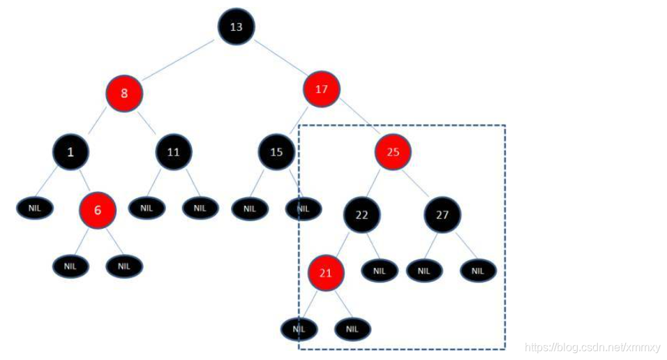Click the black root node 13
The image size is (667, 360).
[236, 27]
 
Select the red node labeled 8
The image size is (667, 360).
[125, 93]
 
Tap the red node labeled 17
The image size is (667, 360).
[322, 89]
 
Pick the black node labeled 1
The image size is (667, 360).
[71, 151]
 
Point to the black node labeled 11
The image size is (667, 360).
[174, 151]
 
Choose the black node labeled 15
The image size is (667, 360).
[277, 151]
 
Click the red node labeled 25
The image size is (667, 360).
[393, 151]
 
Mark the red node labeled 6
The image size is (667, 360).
[98, 211]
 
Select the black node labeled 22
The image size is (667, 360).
[361, 215]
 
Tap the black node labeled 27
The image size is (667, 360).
[442, 215]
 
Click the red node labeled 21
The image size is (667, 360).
[326, 273]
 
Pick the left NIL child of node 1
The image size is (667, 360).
[35, 208]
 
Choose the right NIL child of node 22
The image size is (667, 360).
[380, 270]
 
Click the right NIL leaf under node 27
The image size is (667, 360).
[478, 270]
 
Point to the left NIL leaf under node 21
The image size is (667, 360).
[299, 329]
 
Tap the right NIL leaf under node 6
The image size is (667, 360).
[124, 266]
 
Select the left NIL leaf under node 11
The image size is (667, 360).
[146, 207]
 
